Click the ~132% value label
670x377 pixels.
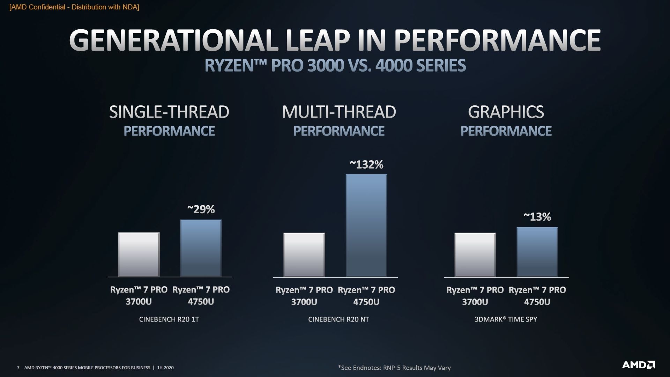point(366,164)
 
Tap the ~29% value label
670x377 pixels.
point(201,209)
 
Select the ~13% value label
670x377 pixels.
point(537,217)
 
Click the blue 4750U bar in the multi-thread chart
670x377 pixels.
point(366,226)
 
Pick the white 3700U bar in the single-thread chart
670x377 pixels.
point(139,254)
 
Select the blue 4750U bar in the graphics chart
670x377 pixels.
point(537,252)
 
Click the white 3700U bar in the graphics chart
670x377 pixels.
point(475,255)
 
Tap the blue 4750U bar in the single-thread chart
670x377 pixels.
point(201,248)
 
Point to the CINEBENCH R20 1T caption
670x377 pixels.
point(169,319)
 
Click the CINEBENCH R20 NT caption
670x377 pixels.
point(338,319)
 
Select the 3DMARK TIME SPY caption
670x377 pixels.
point(506,319)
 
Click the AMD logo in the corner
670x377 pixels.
point(638,365)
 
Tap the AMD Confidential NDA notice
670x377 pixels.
point(74,7)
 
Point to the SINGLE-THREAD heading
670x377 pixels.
point(169,112)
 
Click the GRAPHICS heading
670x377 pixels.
point(506,112)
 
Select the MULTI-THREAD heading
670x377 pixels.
point(338,112)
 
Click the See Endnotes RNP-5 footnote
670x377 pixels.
point(394,368)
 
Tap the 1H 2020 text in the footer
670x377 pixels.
point(165,368)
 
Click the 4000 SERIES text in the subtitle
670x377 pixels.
point(420,66)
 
